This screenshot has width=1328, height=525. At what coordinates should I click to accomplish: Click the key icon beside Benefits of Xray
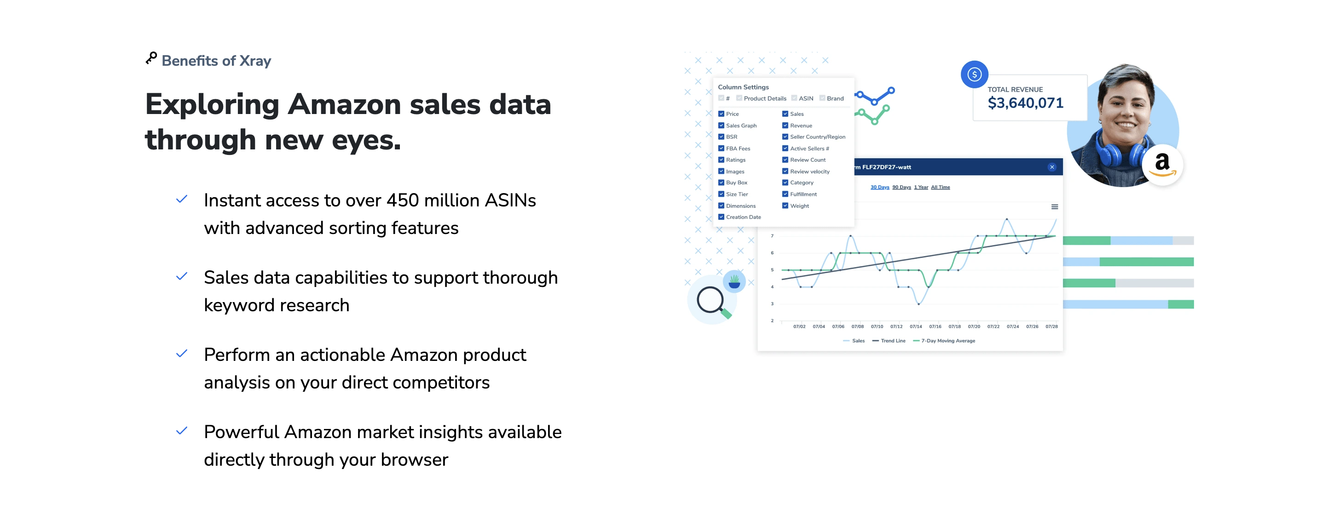tap(151, 58)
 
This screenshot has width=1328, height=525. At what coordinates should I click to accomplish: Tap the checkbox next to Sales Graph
tap(721, 125)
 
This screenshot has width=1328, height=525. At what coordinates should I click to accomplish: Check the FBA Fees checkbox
tap(721, 148)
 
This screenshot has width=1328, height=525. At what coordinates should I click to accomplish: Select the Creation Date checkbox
tap(721, 217)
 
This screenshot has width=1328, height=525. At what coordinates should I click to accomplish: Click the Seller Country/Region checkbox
tap(785, 137)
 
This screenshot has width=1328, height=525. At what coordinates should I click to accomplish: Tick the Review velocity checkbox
tap(785, 171)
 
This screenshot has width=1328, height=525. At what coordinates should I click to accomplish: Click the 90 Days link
tap(901, 187)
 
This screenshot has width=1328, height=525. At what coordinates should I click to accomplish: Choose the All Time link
tap(941, 187)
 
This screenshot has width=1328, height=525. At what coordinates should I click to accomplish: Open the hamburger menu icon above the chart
tap(1055, 206)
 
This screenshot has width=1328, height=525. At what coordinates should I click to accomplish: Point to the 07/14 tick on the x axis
tap(916, 326)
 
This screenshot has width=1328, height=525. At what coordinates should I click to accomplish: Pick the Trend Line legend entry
tap(889, 341)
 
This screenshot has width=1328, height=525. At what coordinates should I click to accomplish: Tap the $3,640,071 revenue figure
tap(1025, 103)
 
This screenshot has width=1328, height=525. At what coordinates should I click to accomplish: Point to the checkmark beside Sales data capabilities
tap(181, 276)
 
